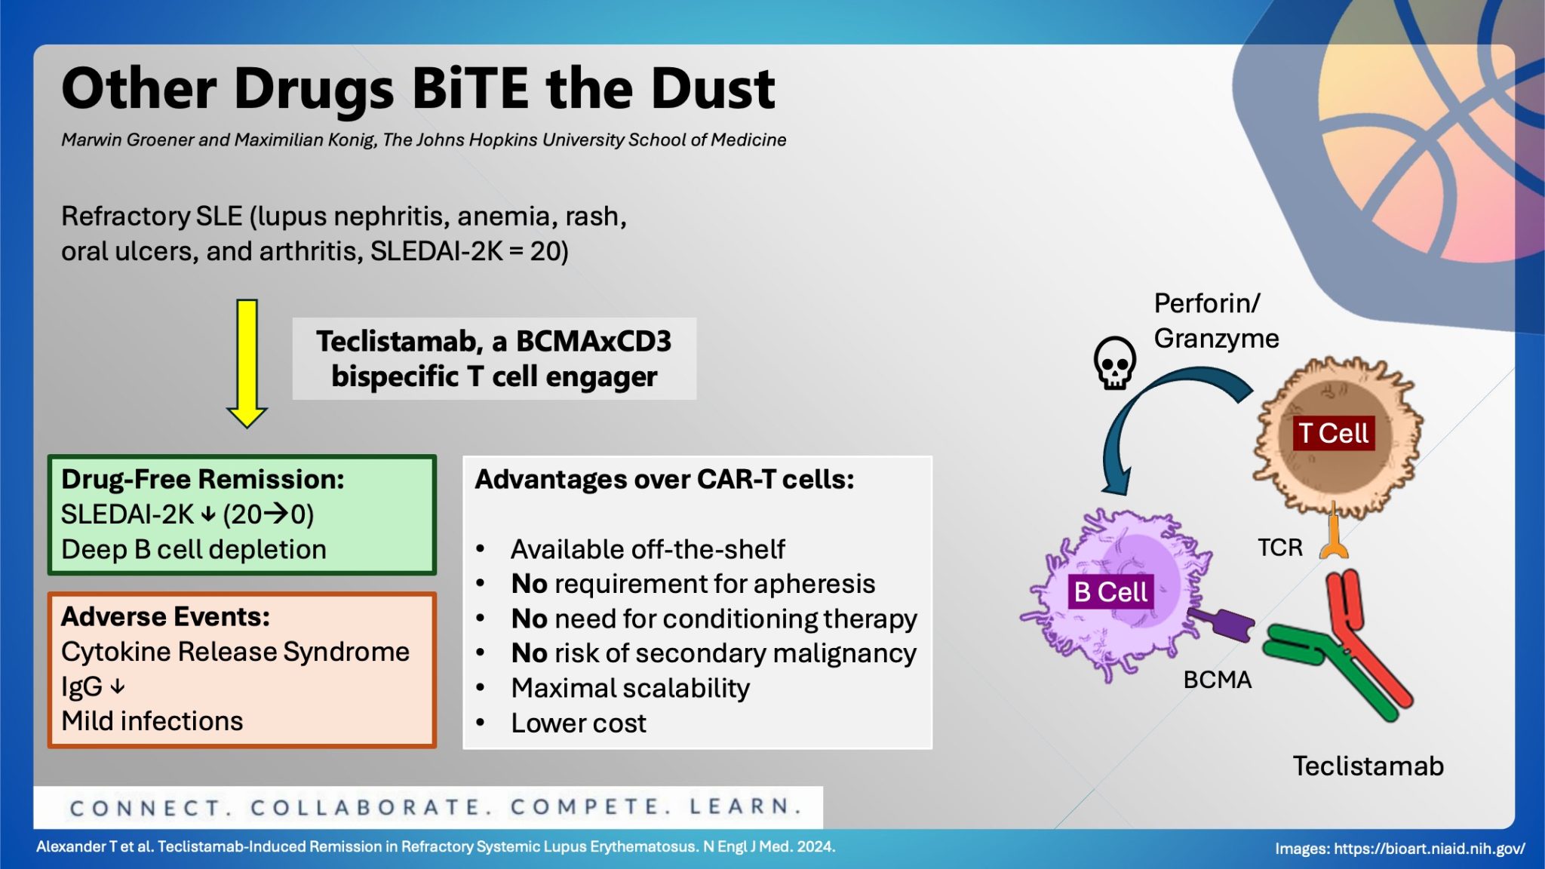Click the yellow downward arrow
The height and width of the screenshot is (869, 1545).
pos(247,362)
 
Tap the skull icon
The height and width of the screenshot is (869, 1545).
pos(1114,363)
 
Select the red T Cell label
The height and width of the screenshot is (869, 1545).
pos(1333,433)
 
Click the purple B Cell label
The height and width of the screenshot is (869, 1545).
pos(1110,591)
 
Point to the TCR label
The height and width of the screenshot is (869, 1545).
pos(1279,547)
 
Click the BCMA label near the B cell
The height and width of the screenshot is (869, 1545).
pos(1217,680)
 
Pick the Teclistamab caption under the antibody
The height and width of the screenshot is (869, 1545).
pos(1368,766)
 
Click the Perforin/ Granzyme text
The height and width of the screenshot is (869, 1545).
pos(1215,321)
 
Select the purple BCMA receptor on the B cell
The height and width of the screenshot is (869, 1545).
pos(1222,623)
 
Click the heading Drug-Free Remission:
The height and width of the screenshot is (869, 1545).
pos(202,479)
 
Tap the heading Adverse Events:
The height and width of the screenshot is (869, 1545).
pos(165,616)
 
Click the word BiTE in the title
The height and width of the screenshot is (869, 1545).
pos(471,88)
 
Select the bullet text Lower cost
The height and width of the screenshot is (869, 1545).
pos(578,723)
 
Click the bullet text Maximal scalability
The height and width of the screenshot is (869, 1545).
pos(630,688)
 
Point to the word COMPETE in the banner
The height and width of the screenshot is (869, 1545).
pos(589,807)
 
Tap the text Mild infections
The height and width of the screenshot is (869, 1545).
pos(152,721)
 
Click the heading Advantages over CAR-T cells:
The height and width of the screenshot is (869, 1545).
pos(664,479)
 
